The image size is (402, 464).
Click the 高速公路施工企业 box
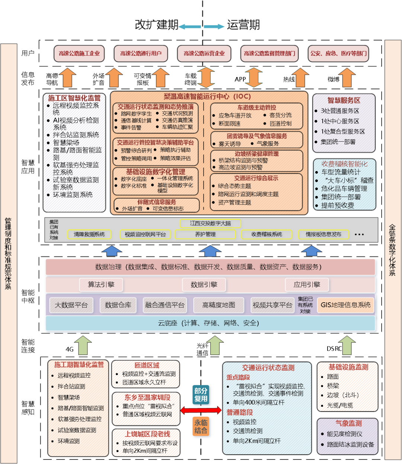point(79,54)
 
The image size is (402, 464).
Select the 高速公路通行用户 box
point(141,54)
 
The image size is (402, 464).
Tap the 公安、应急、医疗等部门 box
point(338,54)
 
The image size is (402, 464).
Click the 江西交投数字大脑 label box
point(210,223)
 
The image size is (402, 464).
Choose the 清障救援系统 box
point(89,234)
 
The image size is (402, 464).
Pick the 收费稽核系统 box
point(267,234)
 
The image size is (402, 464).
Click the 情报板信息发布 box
point(323,234)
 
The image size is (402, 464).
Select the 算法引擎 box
point(101,285)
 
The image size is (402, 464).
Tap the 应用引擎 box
point(307,285)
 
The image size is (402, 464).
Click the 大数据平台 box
point(71,305)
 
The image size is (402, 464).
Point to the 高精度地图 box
point(219,305)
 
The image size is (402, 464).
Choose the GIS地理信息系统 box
point(345,305)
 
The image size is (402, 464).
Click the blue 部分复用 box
point(201,395)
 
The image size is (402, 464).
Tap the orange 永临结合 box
point(201,426)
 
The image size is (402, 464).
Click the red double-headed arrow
point(201,410)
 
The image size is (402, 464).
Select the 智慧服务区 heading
point(344,100)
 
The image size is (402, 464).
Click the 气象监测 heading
point(348,423)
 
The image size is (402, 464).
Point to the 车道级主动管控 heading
point(257,107)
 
